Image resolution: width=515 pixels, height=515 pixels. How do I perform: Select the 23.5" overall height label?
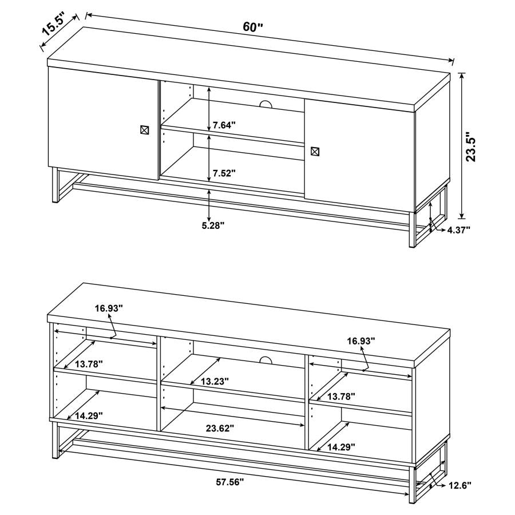tap(472, 148)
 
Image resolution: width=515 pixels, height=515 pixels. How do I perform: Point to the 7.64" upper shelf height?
tap(224, 125)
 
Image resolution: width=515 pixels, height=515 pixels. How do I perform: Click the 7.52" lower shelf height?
tap(224, 173)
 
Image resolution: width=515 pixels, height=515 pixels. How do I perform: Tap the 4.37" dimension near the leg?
tap(458, 229)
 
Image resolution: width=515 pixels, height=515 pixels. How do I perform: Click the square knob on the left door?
tap(145, 130)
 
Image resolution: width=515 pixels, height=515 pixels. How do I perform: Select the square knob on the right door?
tap(315, 152)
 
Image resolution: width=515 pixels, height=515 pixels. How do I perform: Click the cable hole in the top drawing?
tap(265, 104)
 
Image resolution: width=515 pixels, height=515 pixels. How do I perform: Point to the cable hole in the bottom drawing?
tap(264, 359)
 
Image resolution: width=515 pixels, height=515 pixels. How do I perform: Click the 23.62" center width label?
tap(220, 427)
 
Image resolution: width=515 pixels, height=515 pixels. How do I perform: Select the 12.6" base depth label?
tap(459, 485)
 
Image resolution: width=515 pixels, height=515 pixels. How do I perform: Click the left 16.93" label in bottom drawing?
tap(109, 308)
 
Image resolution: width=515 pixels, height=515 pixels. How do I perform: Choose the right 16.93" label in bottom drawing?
tap(360, 340)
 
